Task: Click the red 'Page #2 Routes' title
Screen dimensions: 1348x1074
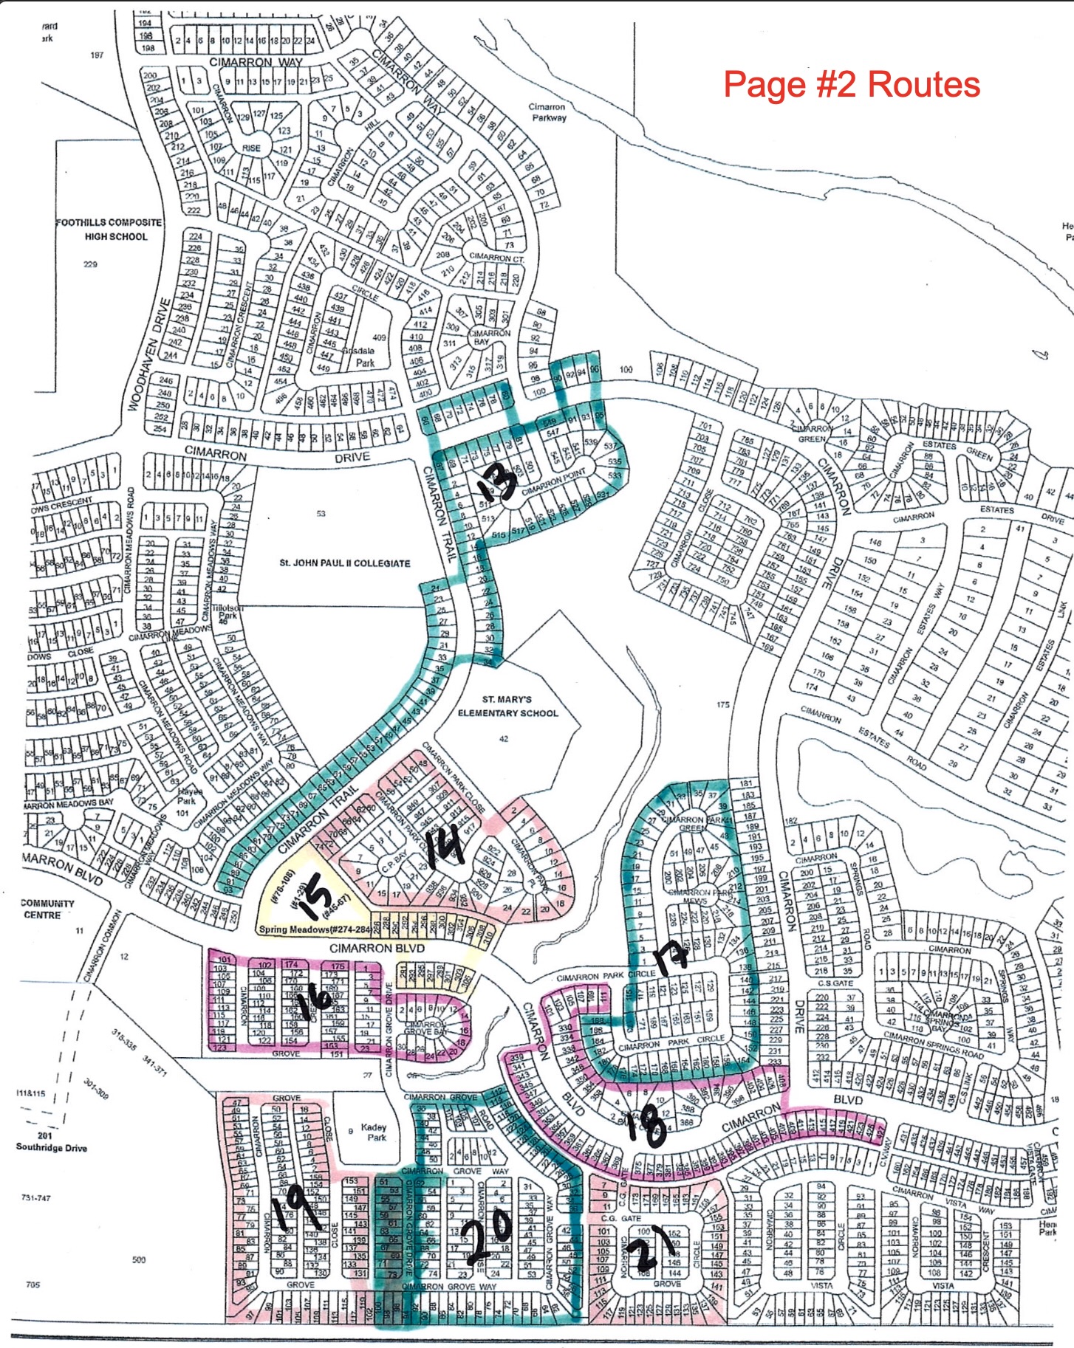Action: point(851,84)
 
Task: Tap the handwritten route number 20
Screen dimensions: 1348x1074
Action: point(488,1231)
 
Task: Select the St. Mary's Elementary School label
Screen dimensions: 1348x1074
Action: point(507,706)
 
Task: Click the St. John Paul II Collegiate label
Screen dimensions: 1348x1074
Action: point(344,563)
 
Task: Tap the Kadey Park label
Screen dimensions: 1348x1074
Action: point(375,1132)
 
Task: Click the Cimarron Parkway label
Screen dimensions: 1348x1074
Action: point(547,112)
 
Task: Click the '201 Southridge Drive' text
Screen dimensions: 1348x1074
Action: point(51,1142)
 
